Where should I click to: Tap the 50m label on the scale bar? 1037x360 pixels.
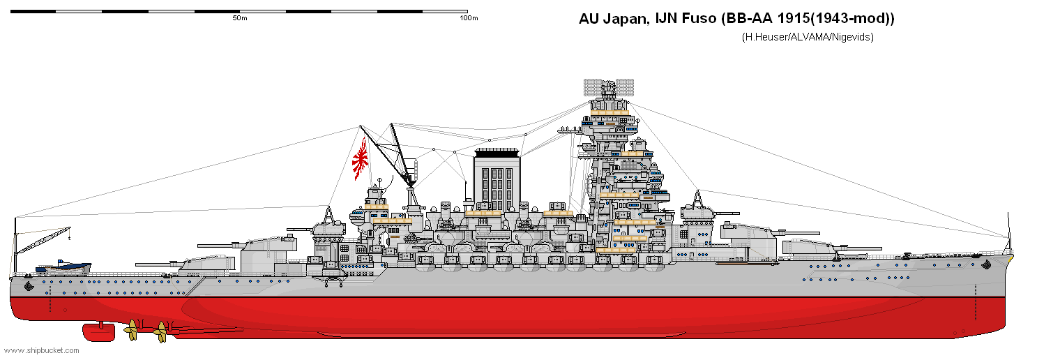(239, 18)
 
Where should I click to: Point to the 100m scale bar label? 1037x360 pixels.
(469, 18)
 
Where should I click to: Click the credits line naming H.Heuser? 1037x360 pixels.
(808, 37)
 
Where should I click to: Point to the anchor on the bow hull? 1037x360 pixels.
(986, 265)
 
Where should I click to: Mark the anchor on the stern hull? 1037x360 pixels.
(29, 285)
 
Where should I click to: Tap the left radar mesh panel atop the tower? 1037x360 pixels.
(592, 87)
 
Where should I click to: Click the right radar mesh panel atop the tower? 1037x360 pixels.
(625, 87)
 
